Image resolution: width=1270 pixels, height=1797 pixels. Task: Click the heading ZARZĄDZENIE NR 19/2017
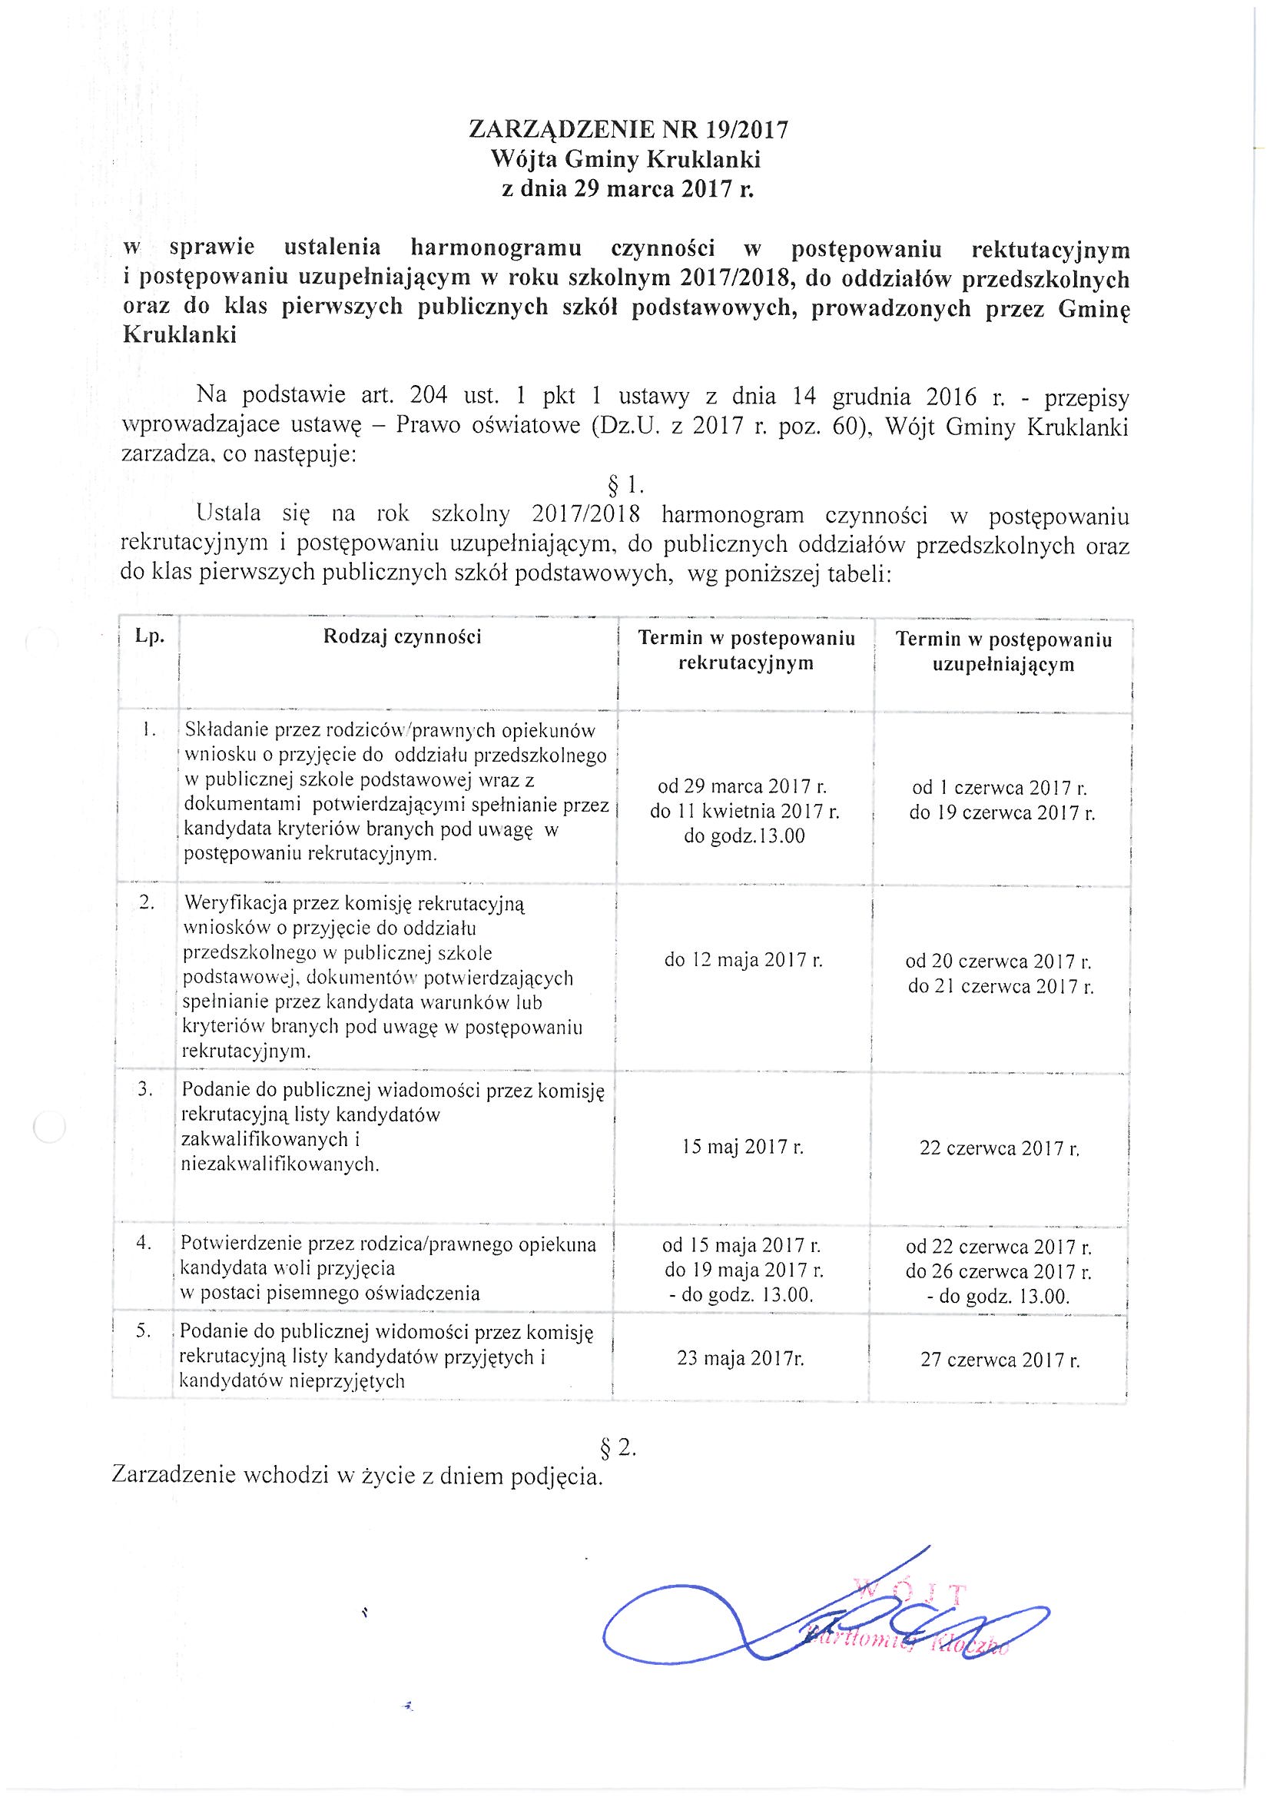coord(628,128)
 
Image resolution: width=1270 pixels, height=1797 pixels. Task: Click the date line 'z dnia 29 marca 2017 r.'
coord(628,189)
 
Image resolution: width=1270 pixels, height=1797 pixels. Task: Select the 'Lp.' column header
coord(150,636)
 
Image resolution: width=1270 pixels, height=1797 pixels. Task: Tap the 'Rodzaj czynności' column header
coord(403,636)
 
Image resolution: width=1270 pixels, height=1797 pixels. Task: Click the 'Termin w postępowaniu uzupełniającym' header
coord(1003,652)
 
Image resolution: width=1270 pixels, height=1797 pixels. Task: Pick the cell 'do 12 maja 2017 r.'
coord(744,959)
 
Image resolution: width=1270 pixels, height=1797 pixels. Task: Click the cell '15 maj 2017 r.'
coord(742,1148)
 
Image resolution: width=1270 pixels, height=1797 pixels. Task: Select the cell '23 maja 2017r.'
coord(740,1360)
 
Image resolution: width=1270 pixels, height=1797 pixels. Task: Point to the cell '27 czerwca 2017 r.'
coord(1000,1360)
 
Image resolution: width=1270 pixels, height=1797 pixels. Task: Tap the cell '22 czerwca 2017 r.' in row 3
coord(1000,1149)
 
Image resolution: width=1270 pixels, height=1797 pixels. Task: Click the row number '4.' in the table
coord(143,1243)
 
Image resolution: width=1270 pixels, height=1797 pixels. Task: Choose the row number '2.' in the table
coord(146,902)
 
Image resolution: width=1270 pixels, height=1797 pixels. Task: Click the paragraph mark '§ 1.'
coord(625,486)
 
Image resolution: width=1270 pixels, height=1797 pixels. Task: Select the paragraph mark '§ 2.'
coord(618,1448)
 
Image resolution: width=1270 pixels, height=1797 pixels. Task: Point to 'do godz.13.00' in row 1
coord(744,836)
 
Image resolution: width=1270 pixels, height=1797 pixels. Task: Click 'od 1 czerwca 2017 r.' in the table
coord(1000,787)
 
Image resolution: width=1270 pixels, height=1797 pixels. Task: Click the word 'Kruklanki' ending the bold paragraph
coord(180,336)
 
